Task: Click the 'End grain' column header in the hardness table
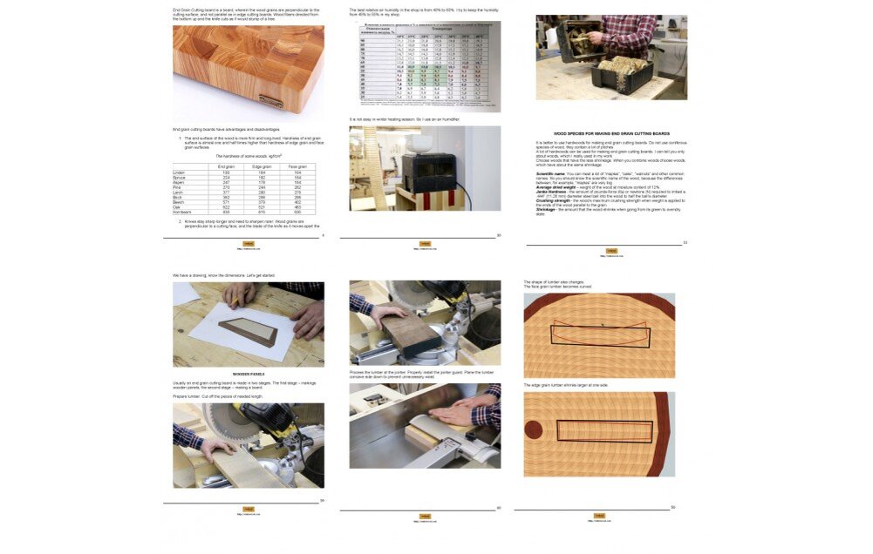point(226,166)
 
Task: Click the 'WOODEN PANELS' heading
point(248,373)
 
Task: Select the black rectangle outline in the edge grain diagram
point(604,431)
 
